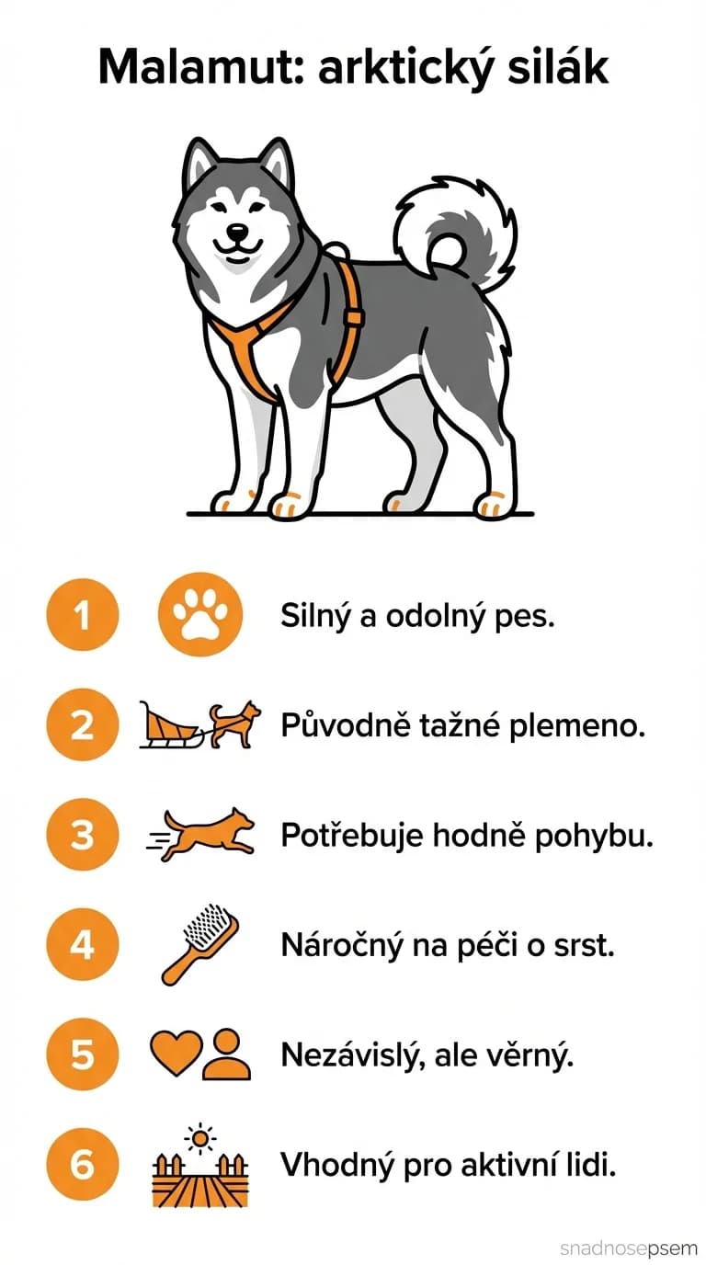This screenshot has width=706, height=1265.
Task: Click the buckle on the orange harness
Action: tap(352, 318)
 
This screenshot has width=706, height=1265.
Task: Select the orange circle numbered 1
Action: tap(83, 615)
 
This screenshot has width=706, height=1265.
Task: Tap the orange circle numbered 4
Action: tap(83, 944)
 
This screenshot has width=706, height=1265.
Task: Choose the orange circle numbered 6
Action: tap(83, 1165)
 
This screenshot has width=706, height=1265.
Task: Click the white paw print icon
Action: tap(199, 615)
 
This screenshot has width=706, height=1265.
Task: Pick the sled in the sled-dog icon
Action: tap(170, 725)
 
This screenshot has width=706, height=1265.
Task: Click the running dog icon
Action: tap(207, 834)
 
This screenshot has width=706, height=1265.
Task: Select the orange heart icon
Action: tap(174, 1054)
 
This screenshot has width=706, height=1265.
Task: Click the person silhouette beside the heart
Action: tap(226, 1054)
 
